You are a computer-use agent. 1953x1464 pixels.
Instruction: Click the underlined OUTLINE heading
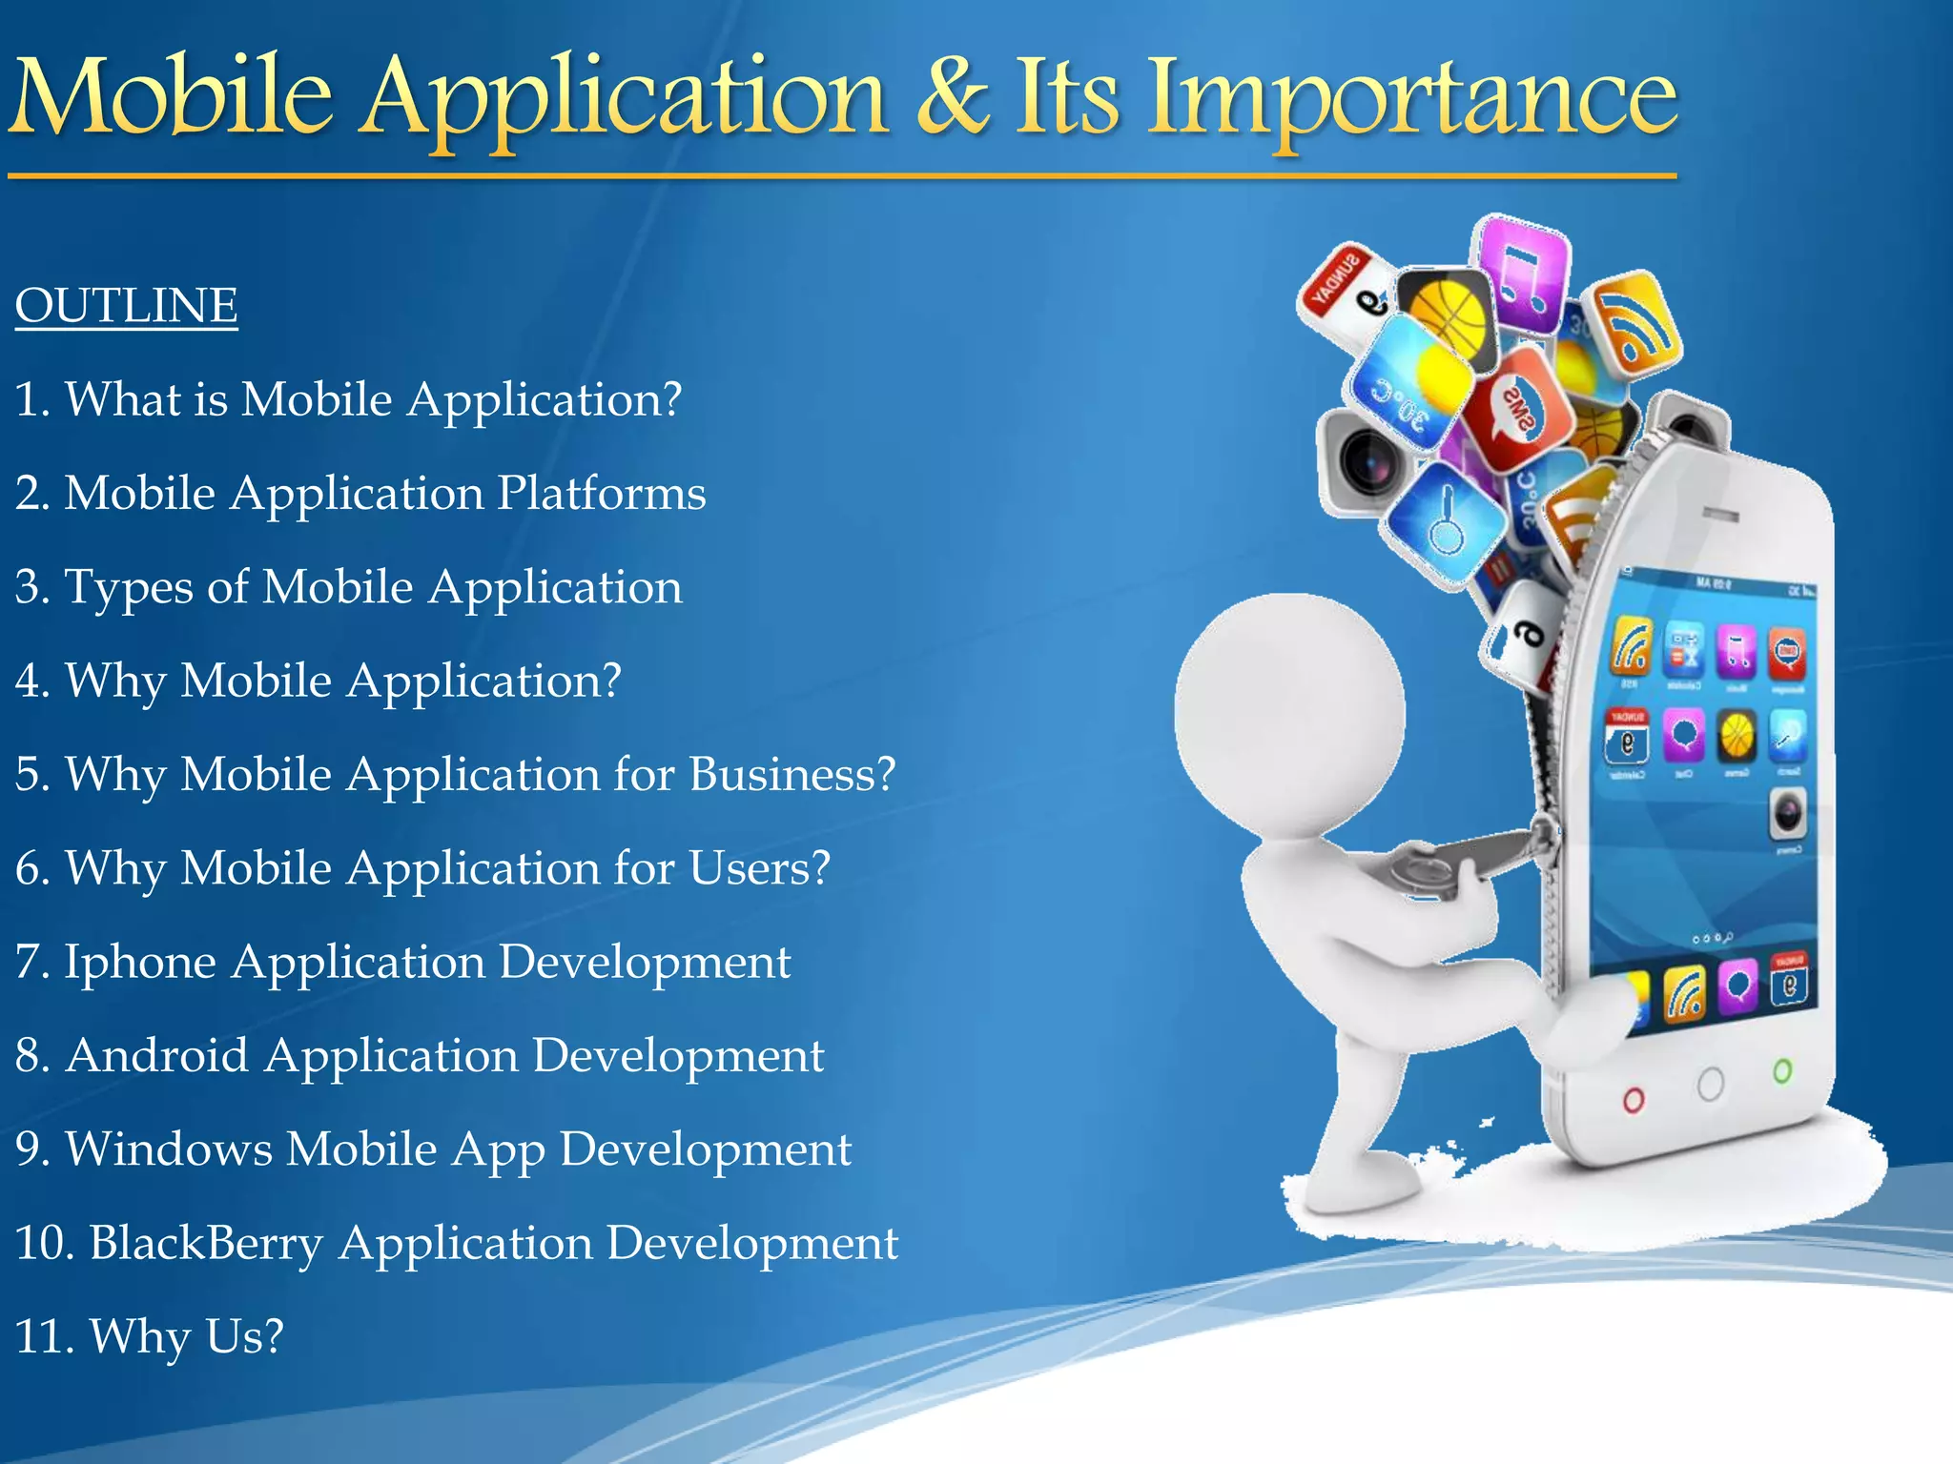coord(126,306)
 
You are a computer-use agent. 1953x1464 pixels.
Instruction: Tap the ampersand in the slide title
coord(955,95)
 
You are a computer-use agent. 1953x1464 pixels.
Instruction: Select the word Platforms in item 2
coord(601,494)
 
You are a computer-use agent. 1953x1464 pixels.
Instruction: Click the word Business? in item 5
coord(791,774)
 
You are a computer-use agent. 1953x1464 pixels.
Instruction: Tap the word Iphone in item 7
coord(140,962)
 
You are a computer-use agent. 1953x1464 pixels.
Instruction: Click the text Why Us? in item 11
coord(187,1336)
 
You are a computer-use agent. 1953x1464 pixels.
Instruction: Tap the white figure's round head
coord(1289,715)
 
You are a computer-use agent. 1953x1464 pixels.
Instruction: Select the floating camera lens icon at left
coord(1366,462)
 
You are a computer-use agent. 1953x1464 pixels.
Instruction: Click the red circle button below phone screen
coord(1634,1102)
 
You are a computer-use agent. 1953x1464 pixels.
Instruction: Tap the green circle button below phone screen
coord(1782,1071)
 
